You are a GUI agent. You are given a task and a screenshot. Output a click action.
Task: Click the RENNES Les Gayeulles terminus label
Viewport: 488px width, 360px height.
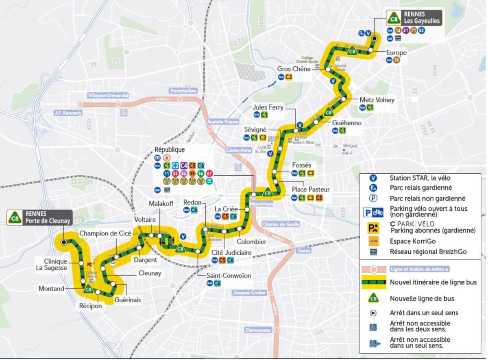coord(422,17)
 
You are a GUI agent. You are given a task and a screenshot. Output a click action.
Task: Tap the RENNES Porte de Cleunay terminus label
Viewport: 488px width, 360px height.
coord(48,218)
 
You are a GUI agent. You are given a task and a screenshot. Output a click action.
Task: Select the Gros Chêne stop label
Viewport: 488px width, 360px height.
coord(294,69)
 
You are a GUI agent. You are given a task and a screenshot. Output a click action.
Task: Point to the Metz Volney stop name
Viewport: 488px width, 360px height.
coord(377,100)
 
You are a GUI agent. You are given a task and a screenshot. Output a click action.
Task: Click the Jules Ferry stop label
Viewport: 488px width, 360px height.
coord(268,107)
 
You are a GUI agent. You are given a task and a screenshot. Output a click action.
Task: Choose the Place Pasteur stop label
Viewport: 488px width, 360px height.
coord(310,190)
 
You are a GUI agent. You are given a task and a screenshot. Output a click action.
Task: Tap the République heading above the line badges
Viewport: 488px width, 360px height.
coord(169,150)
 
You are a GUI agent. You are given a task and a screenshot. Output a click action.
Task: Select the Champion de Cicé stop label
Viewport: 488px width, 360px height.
coord(105,233)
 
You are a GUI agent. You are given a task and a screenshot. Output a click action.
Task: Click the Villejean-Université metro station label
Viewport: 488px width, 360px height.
coord(108,96)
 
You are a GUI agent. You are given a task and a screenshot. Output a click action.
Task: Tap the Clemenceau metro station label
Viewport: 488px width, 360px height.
coord(258,330)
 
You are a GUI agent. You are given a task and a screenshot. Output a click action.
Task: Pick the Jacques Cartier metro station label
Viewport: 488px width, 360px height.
coord(249,292)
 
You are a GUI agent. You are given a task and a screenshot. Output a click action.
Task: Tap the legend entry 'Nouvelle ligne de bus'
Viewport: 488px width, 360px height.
coord(422,299)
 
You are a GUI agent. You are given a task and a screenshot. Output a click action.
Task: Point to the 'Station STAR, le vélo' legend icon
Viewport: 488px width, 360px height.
coord(373,178)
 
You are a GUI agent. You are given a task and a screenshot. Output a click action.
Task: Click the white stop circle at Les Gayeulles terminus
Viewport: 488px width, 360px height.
coord(375,38)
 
